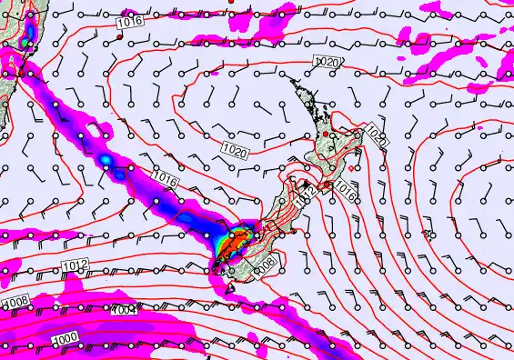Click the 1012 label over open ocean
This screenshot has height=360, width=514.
point(76,265)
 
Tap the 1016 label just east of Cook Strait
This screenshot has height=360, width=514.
point(343,188)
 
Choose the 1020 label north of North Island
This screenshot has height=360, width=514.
point(327,61)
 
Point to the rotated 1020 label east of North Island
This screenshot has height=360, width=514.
point(377,137)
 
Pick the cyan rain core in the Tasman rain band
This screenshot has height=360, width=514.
point(106,162)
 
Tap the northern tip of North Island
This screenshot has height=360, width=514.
point(293,80)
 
